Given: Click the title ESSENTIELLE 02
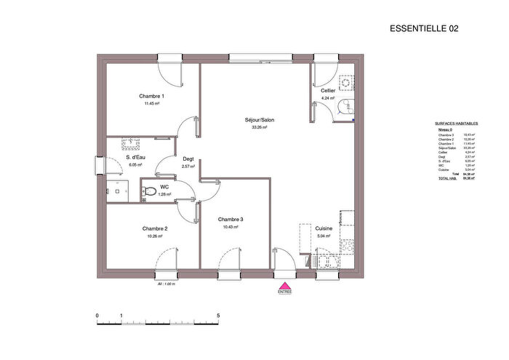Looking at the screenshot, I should click(x=425, y=28).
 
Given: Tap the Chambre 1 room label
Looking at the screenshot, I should click(x=152, y=97).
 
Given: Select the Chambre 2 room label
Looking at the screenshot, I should click(x=155, y=228).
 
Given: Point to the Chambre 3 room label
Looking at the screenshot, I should click(x=231, y=220).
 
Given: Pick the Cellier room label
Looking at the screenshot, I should click(x=328, y=90).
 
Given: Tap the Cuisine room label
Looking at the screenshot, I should click(x=324, y=228).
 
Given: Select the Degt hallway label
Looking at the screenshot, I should click(x=188, y=159).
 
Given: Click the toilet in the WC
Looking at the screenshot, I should click(x=148, y=191).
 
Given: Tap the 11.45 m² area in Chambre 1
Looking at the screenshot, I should click(x=152, y=104).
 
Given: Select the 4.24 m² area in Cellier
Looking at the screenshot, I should click(x=328, y=97).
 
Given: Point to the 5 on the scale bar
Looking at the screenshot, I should click(x=219, y=316).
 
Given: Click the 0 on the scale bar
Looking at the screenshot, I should click(x=97, y=316).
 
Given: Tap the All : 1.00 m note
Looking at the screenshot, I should click(x=167, y=284).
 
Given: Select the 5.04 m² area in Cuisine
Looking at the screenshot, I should click(x=324, y=236).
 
